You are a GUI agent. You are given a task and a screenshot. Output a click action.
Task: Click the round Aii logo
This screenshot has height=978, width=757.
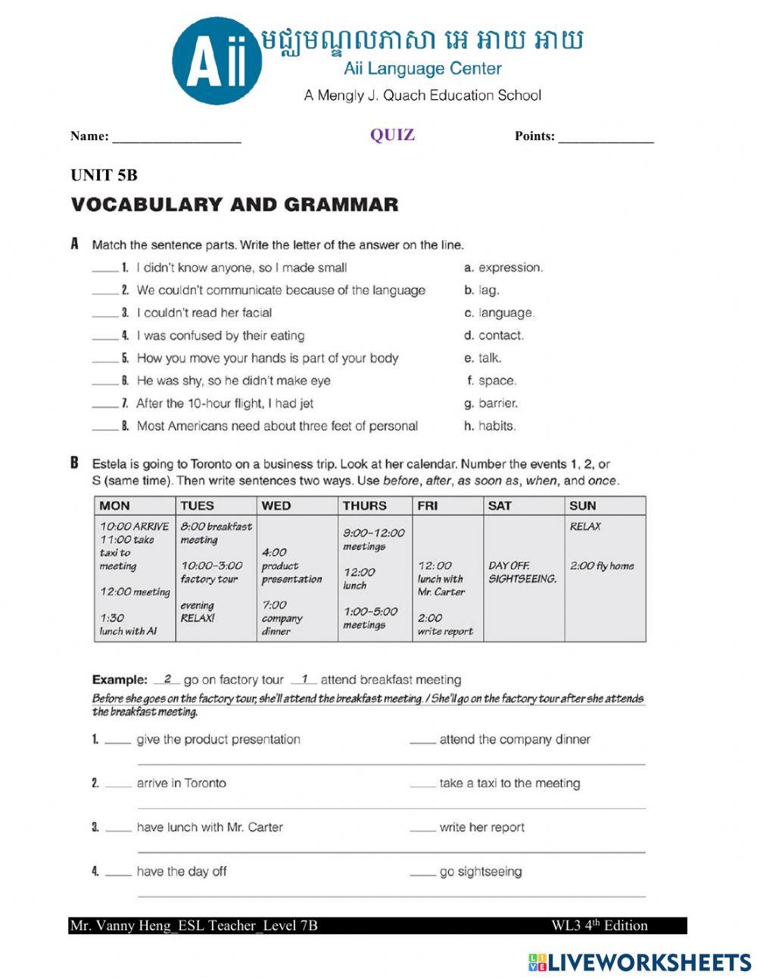coord(217,61)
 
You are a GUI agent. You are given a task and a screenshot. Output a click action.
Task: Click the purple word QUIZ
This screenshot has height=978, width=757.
coord(392,135)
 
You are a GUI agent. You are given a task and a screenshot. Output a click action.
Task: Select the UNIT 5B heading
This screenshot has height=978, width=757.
coord(104,175)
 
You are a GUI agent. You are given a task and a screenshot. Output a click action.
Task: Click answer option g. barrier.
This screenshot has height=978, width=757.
coord(491,403)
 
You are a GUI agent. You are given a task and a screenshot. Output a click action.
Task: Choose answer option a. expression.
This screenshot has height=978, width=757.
coord(503,267)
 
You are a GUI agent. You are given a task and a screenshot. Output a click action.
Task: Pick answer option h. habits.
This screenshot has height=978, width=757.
coord(490,426)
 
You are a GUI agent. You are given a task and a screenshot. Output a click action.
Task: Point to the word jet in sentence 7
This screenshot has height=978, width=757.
coord(306,403)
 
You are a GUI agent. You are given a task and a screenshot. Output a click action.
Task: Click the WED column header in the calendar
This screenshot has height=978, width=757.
coord(276,505)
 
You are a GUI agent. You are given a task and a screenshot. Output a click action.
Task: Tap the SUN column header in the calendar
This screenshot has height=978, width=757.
coord(582,505)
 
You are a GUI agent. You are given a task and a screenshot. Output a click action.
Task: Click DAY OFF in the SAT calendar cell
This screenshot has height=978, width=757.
coord(509,565)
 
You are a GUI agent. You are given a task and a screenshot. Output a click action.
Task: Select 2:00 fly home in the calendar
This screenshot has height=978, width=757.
coord(602,565)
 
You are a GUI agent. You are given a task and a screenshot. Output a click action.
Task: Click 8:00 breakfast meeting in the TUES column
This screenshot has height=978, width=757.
coord(216,533)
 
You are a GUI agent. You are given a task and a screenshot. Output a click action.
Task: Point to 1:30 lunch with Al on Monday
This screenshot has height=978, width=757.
coord(128,624)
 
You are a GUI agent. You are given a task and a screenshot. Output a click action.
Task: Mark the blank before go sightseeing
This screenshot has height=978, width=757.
coord(422,873)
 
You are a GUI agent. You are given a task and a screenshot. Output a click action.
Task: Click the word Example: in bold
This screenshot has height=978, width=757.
coord(120,680)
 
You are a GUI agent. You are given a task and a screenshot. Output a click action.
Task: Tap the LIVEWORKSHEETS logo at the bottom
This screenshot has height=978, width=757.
coord(639,962)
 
